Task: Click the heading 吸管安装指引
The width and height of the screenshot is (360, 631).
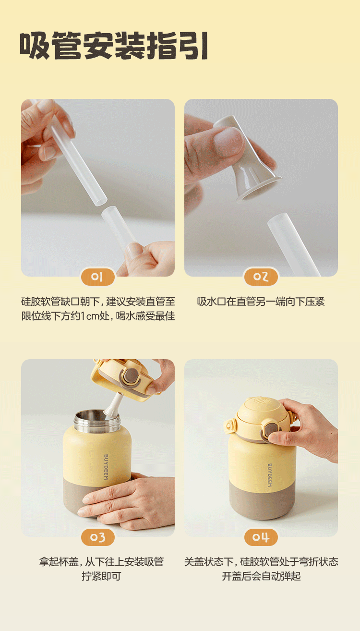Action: click(x=114, y=46)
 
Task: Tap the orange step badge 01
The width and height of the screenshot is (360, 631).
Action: click(x=97, y=277)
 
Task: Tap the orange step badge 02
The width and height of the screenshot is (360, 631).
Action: click(x=261, y=277)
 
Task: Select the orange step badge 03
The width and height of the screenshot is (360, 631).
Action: click(x=97, y=537)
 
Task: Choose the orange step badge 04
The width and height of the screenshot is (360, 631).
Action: click(x=261, y=537)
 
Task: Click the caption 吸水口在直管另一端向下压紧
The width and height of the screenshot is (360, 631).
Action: click(x=261, y=302)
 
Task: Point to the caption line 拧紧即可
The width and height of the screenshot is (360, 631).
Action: click(x=101, y=576)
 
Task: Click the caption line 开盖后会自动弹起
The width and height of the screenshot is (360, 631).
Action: click(x=261, y=576)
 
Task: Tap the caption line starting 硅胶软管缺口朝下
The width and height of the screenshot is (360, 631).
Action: click(x=98, y=302)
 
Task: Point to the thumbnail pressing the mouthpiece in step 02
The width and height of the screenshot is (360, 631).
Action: click(x=228, y=141)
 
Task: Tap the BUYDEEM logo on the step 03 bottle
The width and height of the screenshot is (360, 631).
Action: click(x=106, y=467)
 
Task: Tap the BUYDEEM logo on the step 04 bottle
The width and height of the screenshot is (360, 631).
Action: click(x=269, y=475)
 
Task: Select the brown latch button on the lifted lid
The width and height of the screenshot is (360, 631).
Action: click(x=131, y=376)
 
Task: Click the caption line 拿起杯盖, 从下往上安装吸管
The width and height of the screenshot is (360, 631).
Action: click(x=101, y=562)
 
